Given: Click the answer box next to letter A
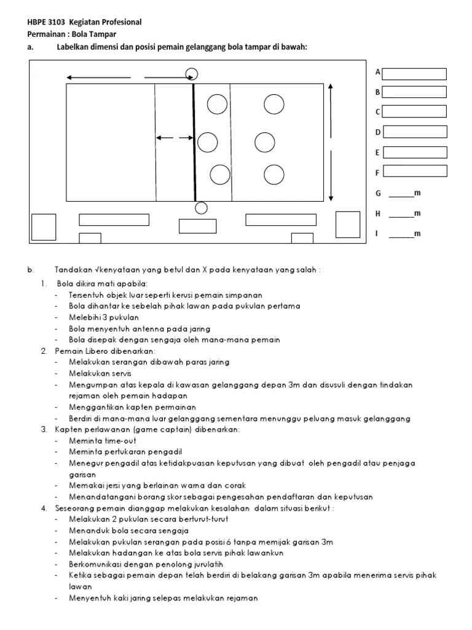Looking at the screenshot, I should coord(415,74).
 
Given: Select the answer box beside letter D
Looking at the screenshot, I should coord(415,132).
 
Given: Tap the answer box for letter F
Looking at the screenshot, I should coord(415,173).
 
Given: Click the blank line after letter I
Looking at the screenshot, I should coord(401,236).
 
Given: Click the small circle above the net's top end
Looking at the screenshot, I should coord(191,74).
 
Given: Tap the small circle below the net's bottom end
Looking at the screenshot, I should coord(200,208).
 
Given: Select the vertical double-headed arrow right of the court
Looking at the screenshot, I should coord(331,142).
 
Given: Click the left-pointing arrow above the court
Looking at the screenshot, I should coord(98,78).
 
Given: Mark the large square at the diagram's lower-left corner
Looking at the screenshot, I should coord(44,226).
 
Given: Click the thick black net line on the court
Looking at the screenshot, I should coord(194,142).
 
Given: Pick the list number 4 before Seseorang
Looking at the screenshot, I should coord(44,508).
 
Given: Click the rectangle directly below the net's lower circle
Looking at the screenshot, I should coord(198,226).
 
